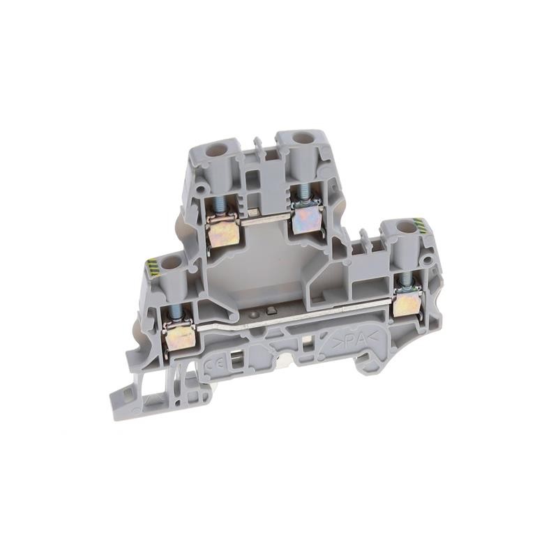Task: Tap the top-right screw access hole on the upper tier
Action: coord(304,137)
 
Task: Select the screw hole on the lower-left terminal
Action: coord(170,264)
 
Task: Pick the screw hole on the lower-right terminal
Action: coord(403,227)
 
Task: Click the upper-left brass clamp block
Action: coord(224,232)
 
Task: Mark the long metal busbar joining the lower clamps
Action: coord(293,322)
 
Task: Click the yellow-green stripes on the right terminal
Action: coord(419,225)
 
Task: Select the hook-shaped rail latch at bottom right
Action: coord(368,360)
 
